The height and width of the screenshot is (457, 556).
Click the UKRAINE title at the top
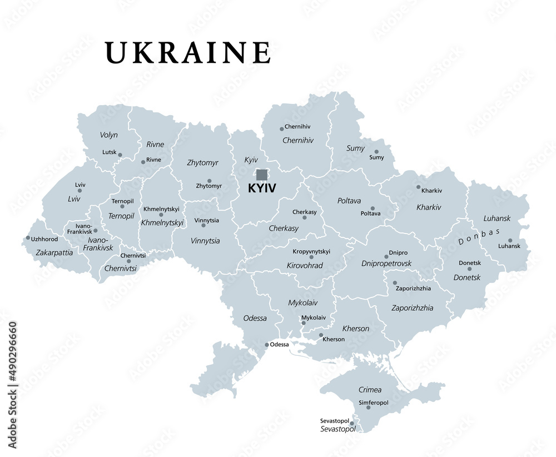tap(188, 53)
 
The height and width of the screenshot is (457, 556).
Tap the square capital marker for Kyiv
tap(261, 175)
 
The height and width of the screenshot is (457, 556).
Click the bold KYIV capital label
tap(261, 189)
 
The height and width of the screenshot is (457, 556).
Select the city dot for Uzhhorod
tap(28, 238)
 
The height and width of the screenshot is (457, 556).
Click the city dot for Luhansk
tap(510, 241)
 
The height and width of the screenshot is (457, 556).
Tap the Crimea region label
tap(370, 390)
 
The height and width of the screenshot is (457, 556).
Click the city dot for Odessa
tap(267, 345)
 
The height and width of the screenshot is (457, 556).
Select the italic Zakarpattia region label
tap(54, 252)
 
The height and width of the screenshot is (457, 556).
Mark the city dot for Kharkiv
tap(418, 187)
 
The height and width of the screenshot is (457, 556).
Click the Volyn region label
tap(108, 135)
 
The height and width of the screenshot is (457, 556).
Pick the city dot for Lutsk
tap(120, 155)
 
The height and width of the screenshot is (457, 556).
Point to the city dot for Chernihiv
tap(282, 129)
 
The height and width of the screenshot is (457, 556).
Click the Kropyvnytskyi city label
tap(311, 251)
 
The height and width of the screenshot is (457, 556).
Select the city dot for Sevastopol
tap(352, 424)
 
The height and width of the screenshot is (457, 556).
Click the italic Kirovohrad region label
tap(305, 266)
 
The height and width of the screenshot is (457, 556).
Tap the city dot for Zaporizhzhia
tap(395, 283)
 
